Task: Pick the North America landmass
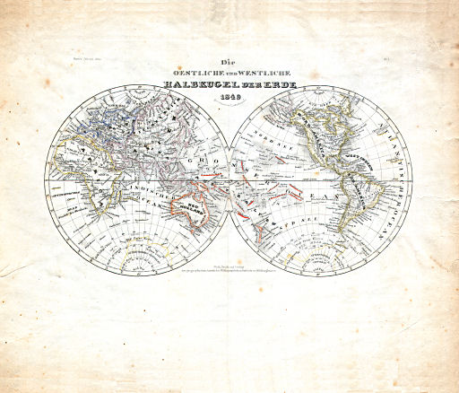(x=323, y=135)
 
